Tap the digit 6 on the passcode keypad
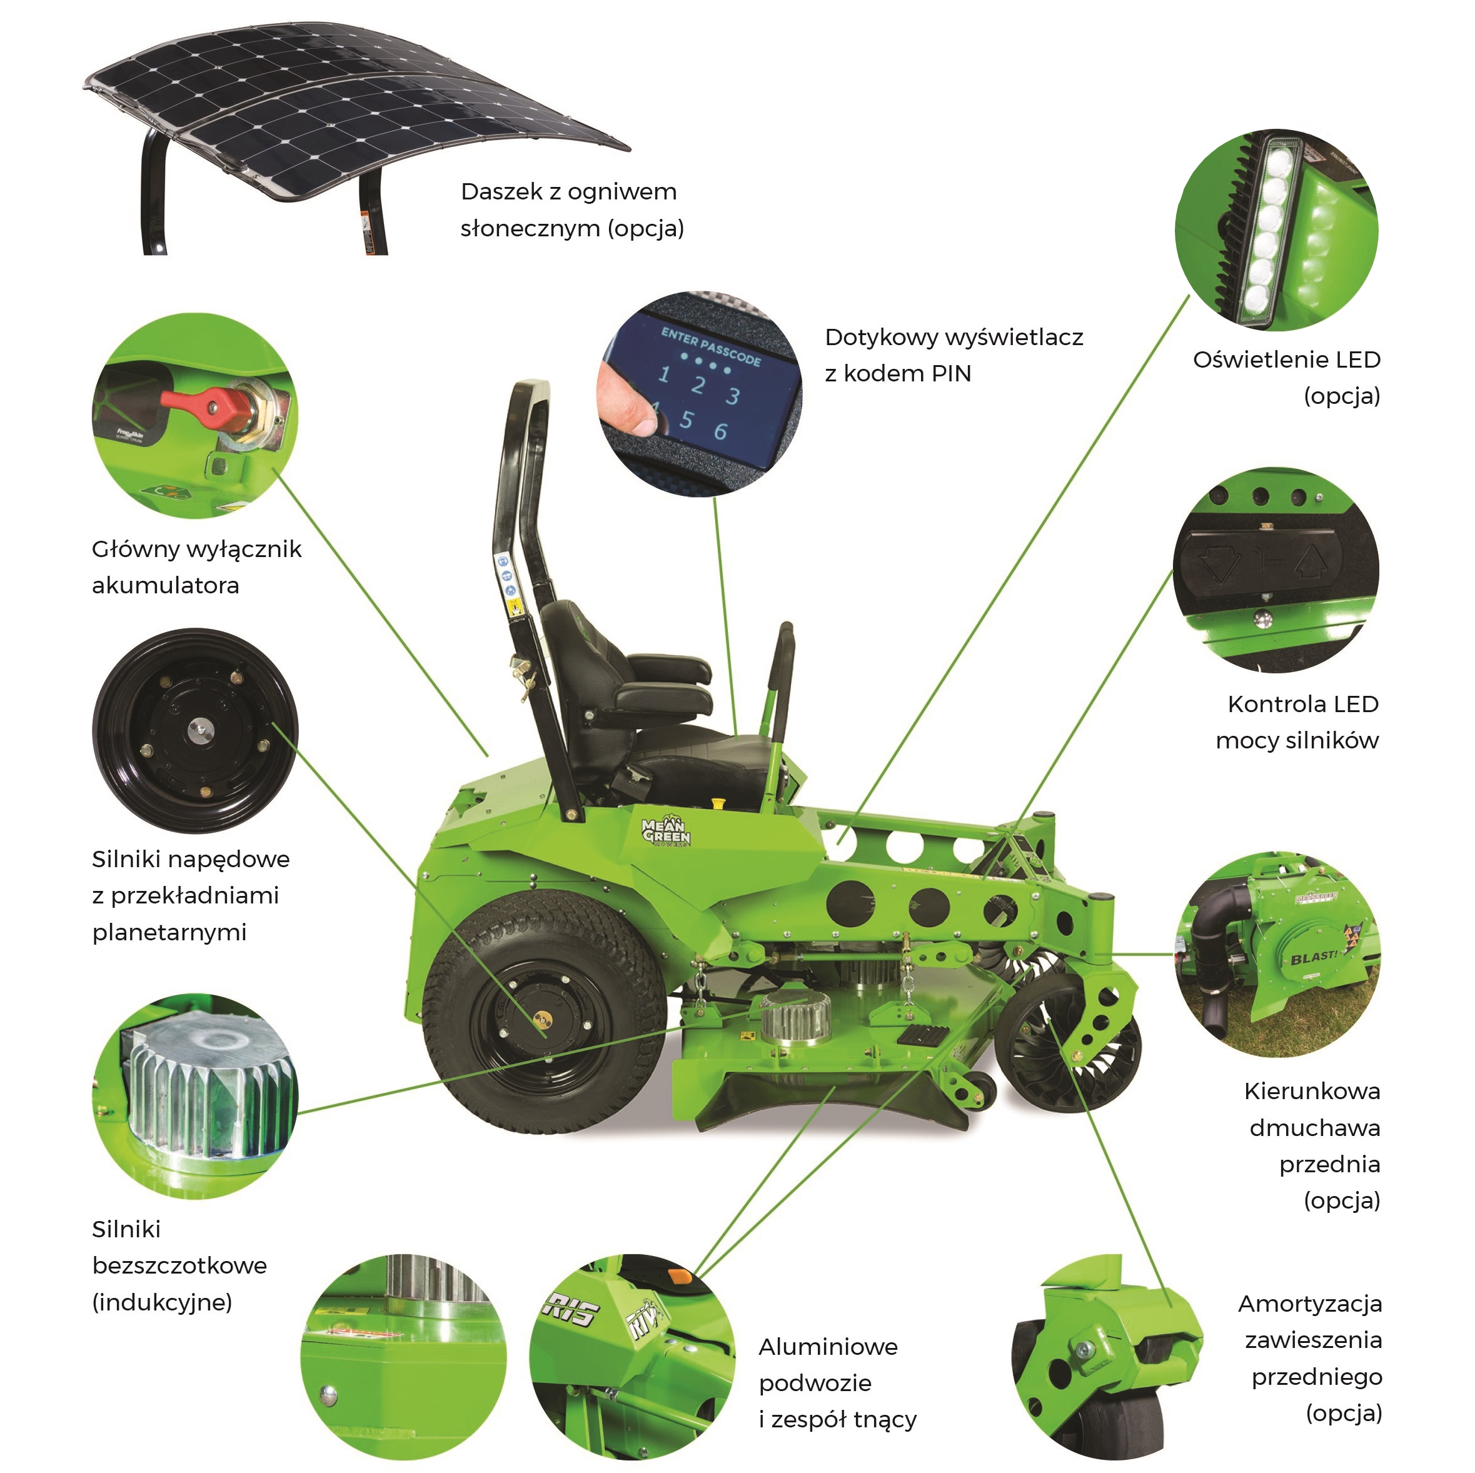(x=720, y=431)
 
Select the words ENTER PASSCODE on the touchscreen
(x=711, y=346)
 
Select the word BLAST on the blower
(x=1313, y=957)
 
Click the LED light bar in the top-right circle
(x=1257, y=228)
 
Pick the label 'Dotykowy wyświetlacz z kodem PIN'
(x=954, y=356)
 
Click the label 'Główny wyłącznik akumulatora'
(x=196, y=567)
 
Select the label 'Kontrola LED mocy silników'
(x=1298, y=722)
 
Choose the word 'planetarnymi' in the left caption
(x=169, y=933)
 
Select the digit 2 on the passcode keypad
(x=698, y=384)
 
